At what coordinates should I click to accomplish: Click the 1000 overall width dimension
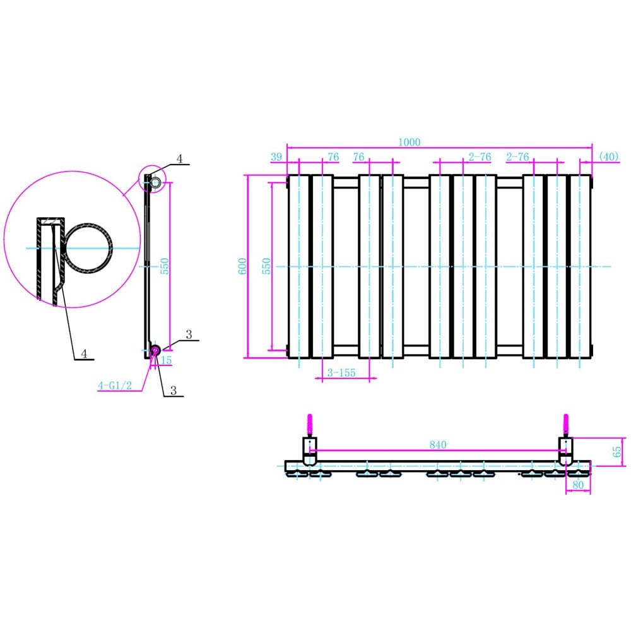point(409,143)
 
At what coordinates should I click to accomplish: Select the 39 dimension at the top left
point(276,157)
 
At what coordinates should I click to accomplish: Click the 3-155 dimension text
point(341,373)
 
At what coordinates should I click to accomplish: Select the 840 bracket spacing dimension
point(438,445)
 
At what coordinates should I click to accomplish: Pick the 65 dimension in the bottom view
point(617,451)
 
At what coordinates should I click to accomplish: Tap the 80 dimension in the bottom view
point(577,485)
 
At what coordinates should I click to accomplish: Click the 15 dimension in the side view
point(167,360)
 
